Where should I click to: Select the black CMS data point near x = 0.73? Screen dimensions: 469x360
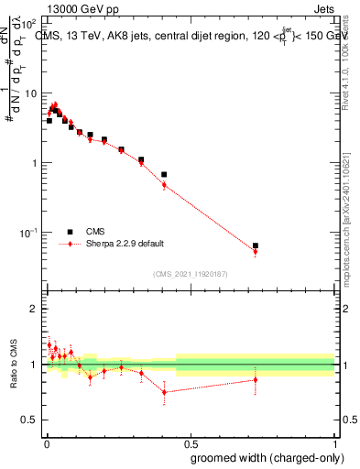click(x=256, y=245)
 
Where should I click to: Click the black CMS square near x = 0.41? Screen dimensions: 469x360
click(x=164, y=174)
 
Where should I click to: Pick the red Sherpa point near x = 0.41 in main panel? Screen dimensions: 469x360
click(x=164, y=185)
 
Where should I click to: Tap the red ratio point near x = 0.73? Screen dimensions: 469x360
click(x=256, y=379)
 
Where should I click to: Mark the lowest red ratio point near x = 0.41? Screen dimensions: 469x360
click(x=164, y=392)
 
